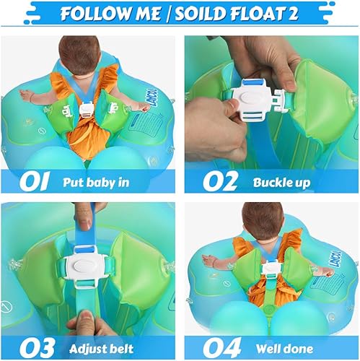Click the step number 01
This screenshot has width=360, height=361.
(x=32, y=180)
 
